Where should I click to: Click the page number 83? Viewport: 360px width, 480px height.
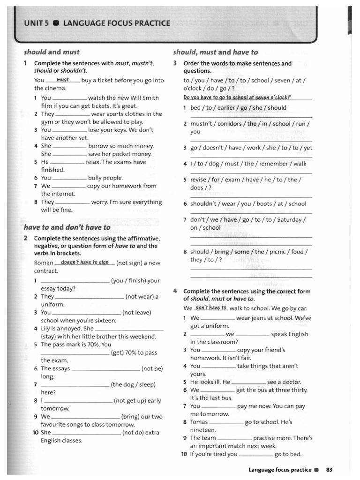[329, 469]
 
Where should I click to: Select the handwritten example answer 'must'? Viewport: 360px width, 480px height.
[63, 80]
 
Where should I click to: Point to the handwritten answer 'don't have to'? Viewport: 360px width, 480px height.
[211, 308]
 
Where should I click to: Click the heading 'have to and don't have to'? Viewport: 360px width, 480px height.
[67, 227]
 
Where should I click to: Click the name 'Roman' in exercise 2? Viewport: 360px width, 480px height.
[44, 263]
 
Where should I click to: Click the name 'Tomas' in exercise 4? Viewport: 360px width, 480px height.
[199, 422]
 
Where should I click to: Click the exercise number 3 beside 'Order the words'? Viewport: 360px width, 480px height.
[175, 63]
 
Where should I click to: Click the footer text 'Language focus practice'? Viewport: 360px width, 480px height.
[280, 469]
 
